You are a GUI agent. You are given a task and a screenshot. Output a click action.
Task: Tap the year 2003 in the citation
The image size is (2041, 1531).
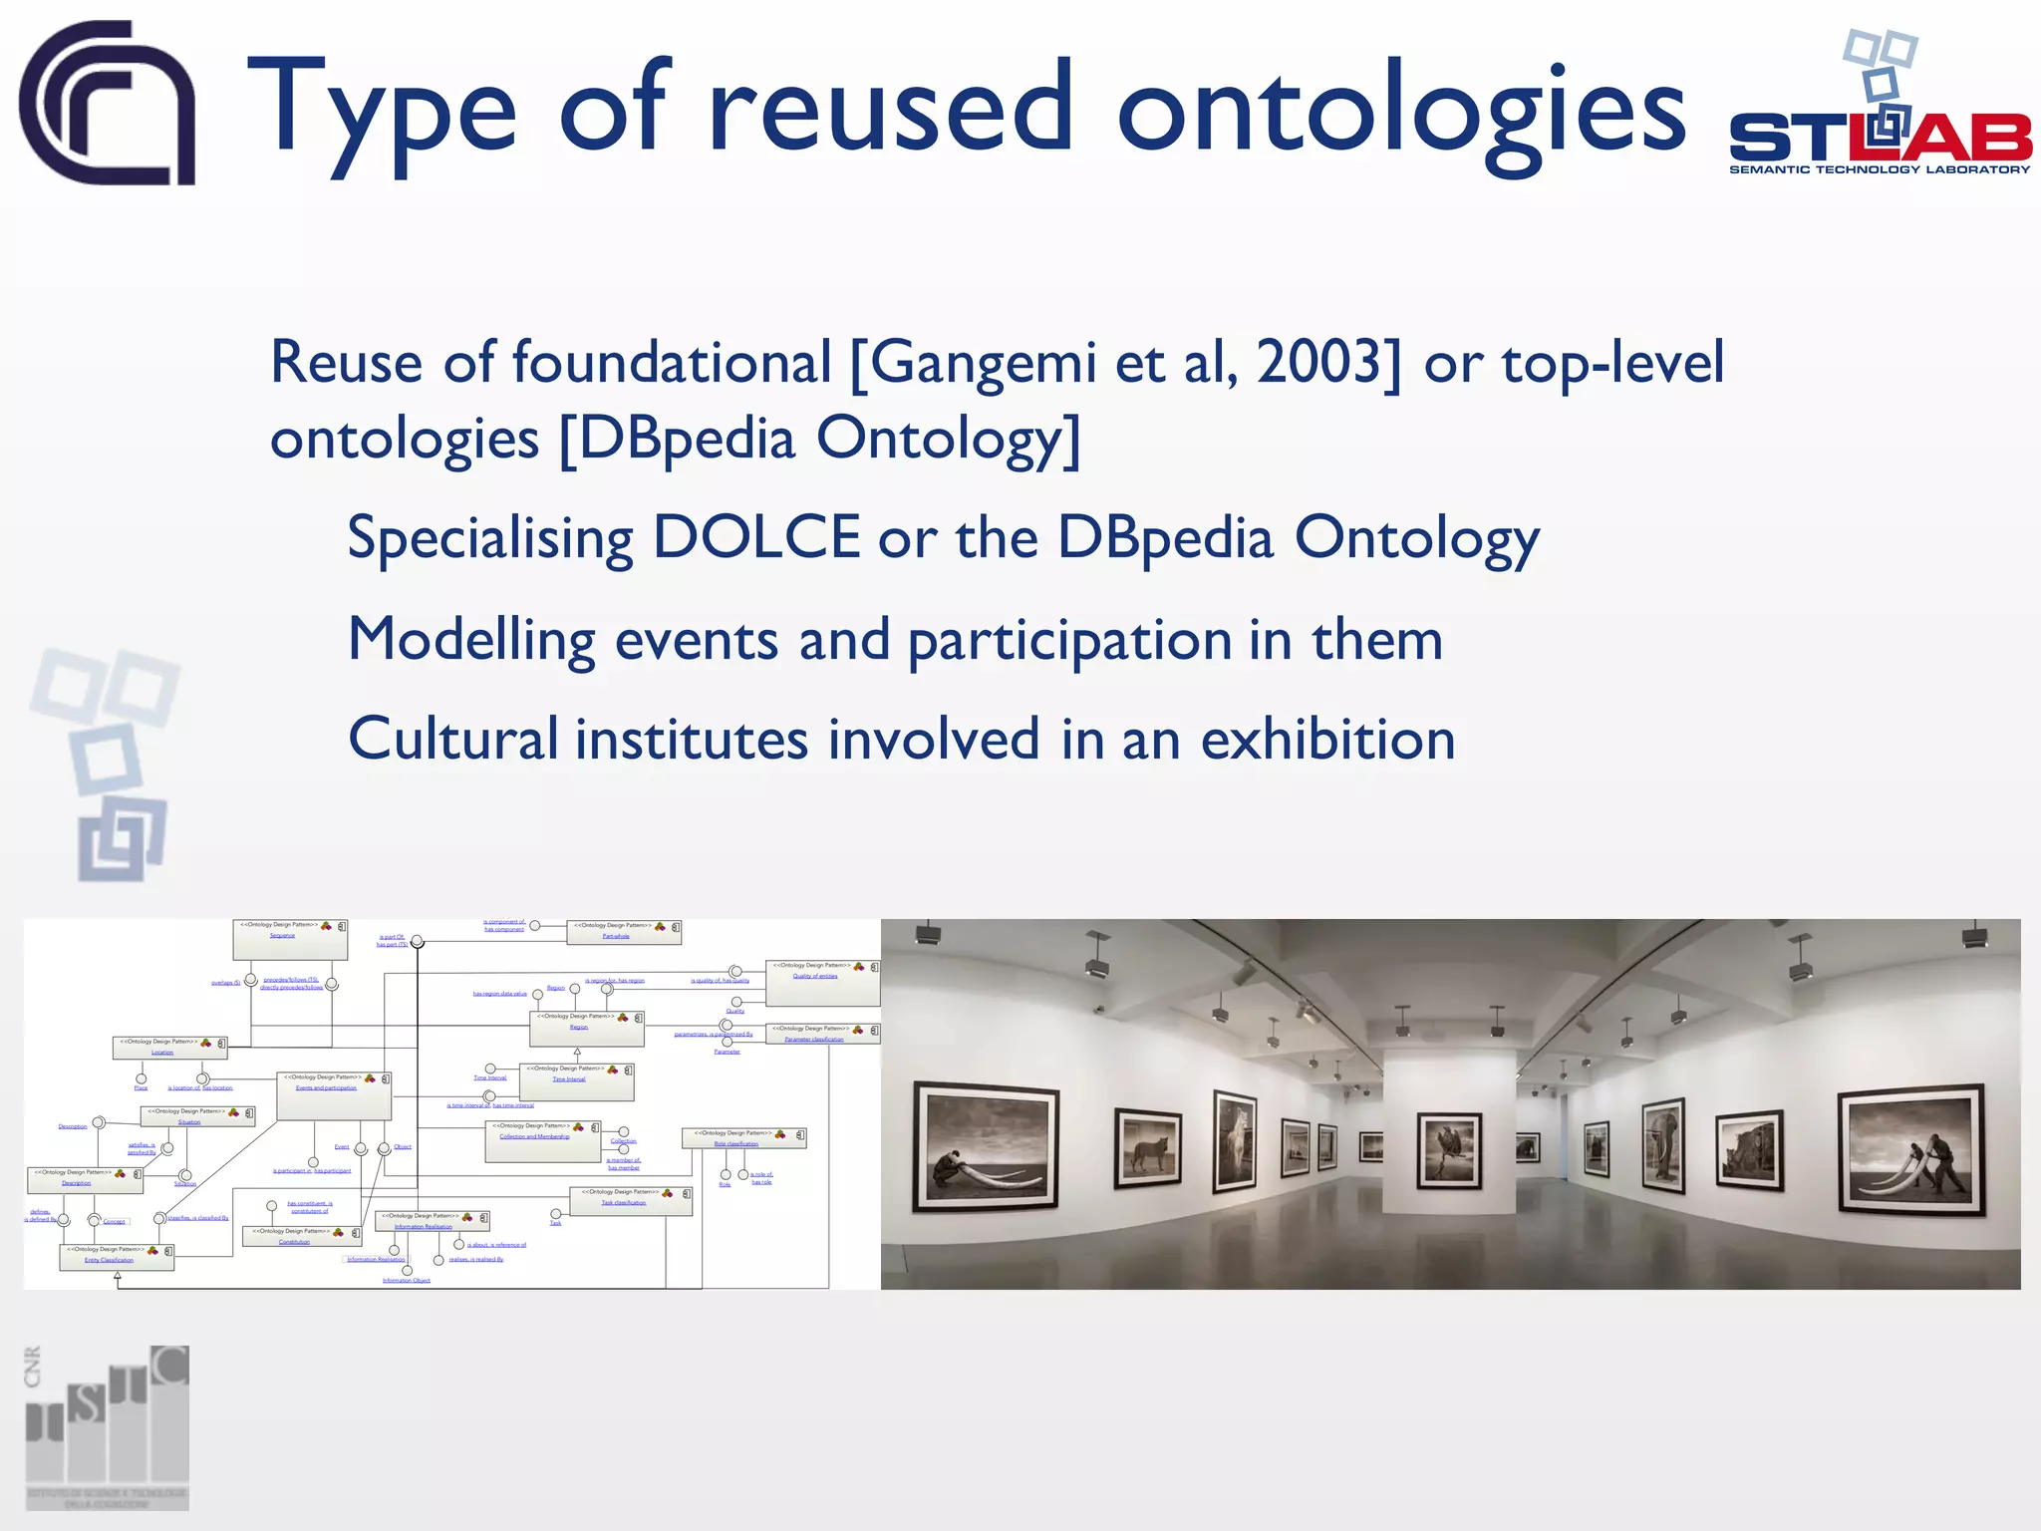tap(1320, 361)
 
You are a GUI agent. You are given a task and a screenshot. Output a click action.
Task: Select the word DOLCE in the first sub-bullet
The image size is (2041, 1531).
tap(756, 537)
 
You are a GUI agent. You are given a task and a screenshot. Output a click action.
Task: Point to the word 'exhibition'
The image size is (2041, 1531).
tap(1327, 740)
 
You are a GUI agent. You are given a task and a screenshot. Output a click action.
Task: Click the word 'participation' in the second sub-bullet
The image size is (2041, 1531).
tap(1069, 640)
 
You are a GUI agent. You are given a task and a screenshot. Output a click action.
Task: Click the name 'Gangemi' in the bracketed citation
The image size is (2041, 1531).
tap(984, 363)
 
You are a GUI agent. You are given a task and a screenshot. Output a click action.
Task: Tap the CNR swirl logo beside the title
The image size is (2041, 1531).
tap(108, 104)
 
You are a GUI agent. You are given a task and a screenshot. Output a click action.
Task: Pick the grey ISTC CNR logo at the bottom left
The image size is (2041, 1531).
tap(107, 1427)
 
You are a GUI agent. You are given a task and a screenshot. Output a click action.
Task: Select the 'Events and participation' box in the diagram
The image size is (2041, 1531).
tap(334, 1094)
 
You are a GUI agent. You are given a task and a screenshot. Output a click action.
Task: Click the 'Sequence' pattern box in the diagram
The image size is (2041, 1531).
tap(290, 939)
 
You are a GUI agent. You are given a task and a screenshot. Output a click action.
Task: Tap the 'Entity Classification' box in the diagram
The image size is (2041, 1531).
tap(117, 1256)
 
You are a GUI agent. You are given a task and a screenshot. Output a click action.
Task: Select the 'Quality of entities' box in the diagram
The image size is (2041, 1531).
tap(822, 983)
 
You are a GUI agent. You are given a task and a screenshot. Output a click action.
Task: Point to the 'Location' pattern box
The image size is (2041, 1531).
tap(169, 1048)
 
